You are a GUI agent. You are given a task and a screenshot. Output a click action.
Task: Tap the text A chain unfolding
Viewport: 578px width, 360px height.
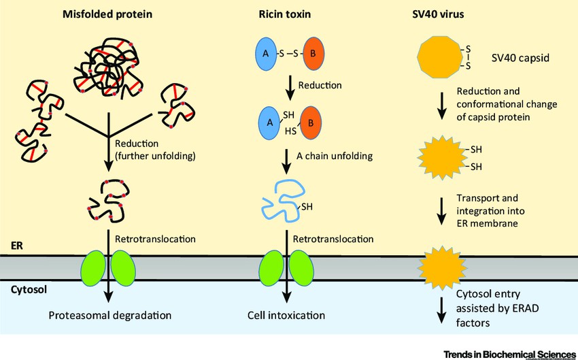(x=335, y=155)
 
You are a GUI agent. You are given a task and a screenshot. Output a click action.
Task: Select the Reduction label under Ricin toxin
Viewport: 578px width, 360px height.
(x=319, y=86)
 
